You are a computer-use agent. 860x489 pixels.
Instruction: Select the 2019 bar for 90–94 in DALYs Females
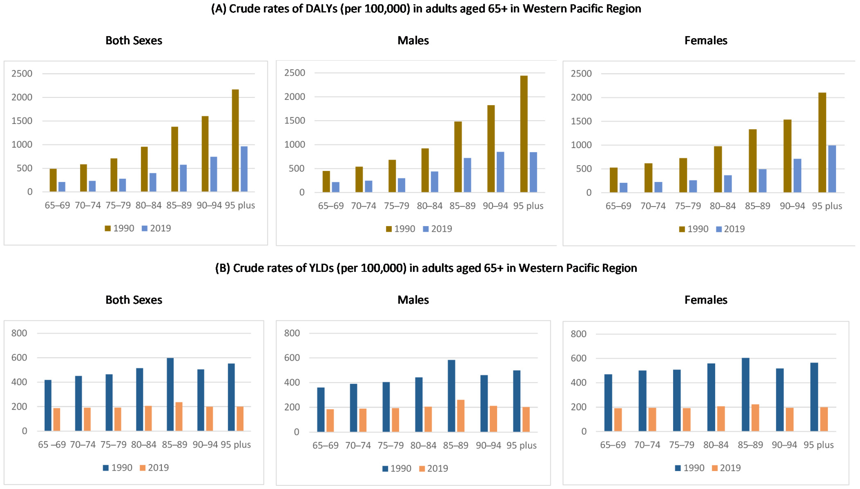point(797,175)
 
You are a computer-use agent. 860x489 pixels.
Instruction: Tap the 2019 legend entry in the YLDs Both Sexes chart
point(154,468)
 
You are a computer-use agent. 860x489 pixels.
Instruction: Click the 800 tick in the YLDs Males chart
point(292,333)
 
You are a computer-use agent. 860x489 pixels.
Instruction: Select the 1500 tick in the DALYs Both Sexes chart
point(22,121)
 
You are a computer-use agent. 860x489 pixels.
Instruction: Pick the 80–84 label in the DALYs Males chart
point(429,206)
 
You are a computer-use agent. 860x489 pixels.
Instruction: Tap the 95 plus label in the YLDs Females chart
point(818,445)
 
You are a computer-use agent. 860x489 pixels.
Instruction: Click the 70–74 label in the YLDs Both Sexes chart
point(82,445)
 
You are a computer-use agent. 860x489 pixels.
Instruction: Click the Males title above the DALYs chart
point(413,41)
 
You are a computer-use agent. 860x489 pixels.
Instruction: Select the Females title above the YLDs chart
point(706,300)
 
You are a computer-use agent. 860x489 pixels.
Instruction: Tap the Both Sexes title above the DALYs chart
point(134,41)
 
